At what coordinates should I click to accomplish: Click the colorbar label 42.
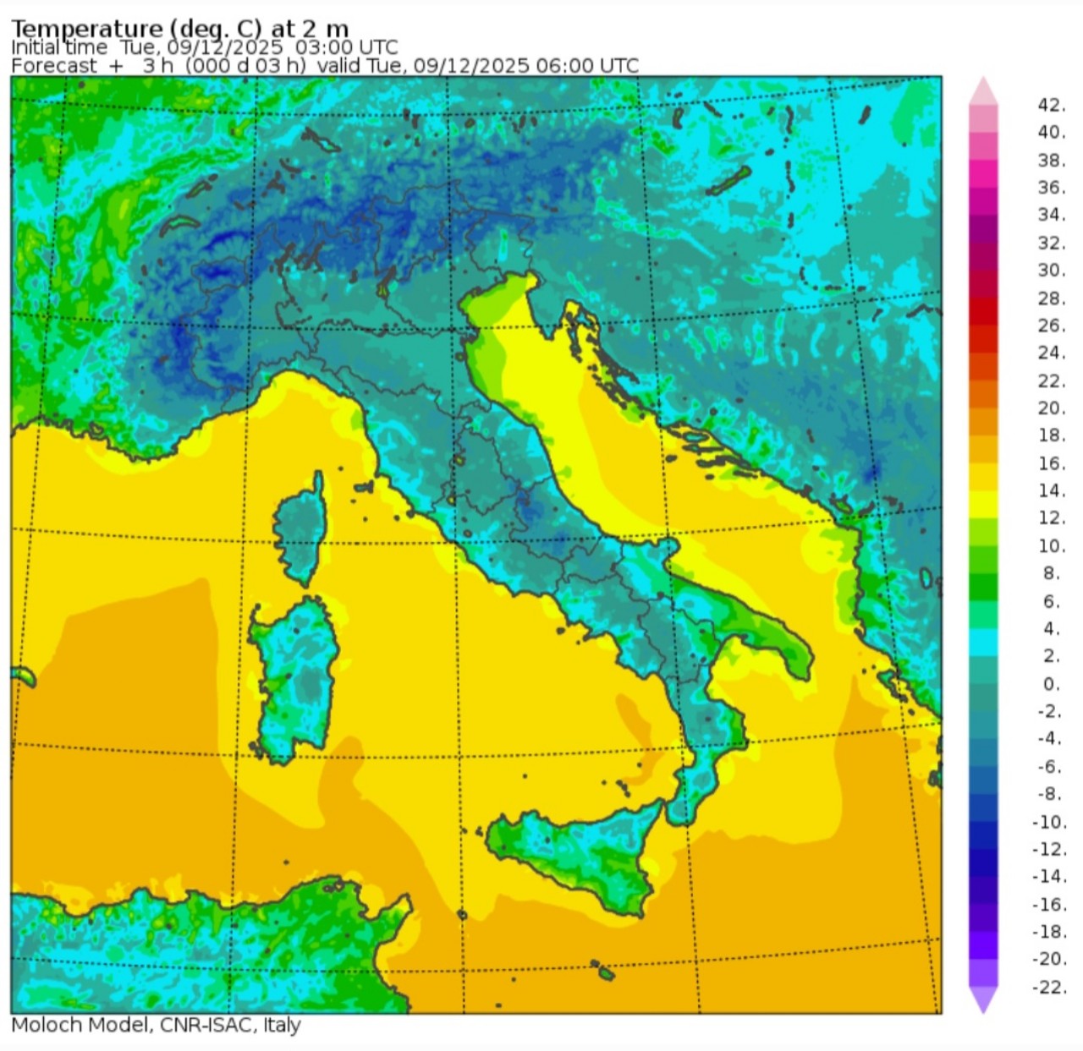1051,105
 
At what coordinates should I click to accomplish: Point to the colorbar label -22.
1049,987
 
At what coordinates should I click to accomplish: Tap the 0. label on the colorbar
1051,683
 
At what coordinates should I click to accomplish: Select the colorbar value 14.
1051,490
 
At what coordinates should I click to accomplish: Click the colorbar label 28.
1051,298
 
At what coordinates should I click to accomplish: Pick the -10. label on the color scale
1049,821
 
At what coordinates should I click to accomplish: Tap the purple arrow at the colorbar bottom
982,1000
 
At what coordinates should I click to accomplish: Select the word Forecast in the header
54,66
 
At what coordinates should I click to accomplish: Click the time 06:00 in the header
565,66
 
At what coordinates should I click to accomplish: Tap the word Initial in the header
35,47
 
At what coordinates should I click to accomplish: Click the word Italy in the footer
282,1025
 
